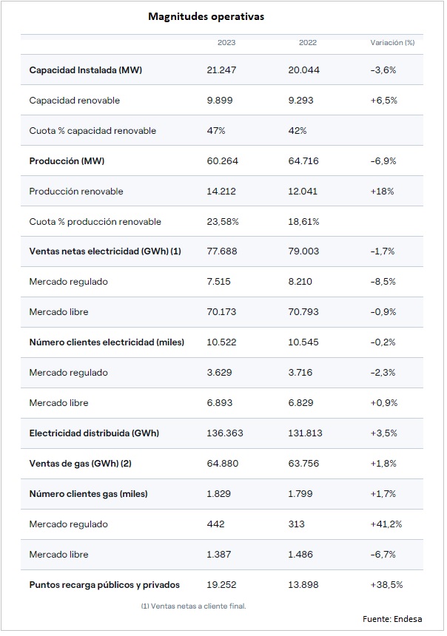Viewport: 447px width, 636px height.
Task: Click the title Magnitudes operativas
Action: [x=206, y=16]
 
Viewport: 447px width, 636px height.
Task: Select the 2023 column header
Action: [x=226, y=43]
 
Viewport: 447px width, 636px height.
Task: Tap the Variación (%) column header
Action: [x=392, y=43]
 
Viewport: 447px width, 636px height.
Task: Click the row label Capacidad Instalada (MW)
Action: [x=86, y=70]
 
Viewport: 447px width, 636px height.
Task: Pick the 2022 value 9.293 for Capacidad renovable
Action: [x=300, y=100]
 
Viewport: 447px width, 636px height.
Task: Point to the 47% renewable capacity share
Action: [x=215, y=131]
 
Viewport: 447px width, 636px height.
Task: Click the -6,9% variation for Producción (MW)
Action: [x=383, y=161]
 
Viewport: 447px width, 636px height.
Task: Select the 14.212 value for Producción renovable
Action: [x=221, y=191]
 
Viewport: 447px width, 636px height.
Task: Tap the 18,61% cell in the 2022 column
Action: [x=303, y=221]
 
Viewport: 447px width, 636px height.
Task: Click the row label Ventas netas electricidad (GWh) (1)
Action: [x=105, y=251]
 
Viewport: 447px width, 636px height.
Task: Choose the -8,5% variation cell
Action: [x=383, y=282]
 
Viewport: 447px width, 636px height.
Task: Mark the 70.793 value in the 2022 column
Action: [x=303, y=312]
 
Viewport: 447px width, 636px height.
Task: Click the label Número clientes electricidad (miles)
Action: [x=107, y=342]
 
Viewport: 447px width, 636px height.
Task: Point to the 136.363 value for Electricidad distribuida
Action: [x=225, y=433]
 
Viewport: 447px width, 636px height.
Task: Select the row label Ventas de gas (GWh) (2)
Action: [x=81, y=463]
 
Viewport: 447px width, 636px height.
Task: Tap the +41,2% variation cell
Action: [x=386, y=524]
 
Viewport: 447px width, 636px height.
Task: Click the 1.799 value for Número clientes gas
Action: [x=300, y=493]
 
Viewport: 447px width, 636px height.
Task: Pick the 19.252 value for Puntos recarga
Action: [x=221, y=584]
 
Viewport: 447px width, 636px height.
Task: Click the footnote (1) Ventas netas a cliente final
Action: [x=193, y=606]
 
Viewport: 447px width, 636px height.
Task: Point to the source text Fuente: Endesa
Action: [x=392, y=618]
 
